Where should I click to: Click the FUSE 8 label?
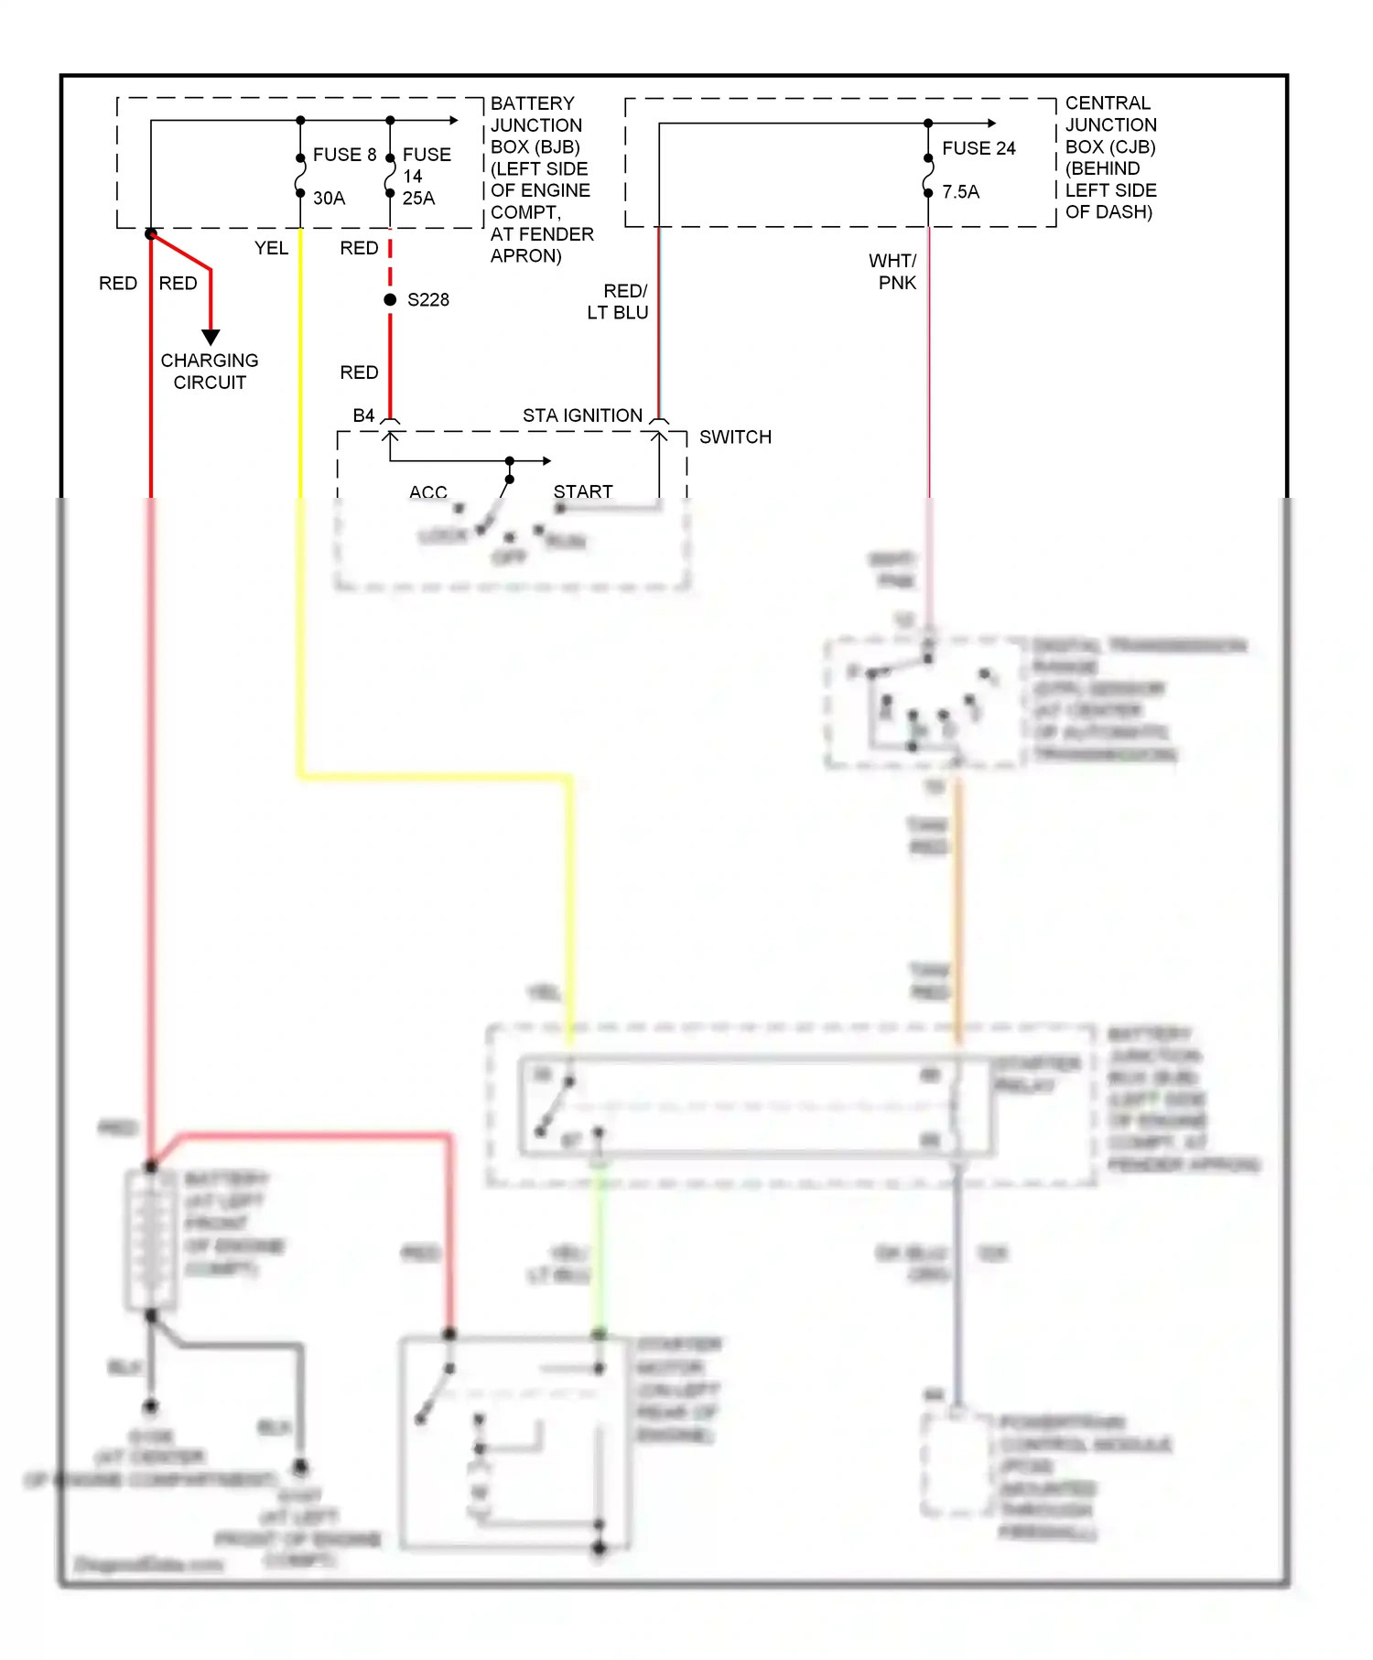pos(344,155)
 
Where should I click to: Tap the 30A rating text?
pos(329,198)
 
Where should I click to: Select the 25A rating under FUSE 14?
pos(418,198)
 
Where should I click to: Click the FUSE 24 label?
pos(978,148)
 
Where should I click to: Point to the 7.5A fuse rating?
pos(960,191)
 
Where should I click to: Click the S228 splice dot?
pos(390,299)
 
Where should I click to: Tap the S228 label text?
pos(427,299)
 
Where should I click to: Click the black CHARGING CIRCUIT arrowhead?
pos(211,337)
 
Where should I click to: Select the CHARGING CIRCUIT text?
pos(210,371)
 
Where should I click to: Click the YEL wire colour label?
pos(271,248)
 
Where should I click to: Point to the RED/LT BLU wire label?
pos(619,301)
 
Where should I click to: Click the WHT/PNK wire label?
pos(893,272)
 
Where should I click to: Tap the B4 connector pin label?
pos(363,415)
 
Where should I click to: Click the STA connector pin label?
pos(538,415)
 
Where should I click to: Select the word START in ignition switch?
pos(583,491)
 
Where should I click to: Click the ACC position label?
pos(427,492)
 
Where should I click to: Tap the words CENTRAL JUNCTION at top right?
pos(1110,113)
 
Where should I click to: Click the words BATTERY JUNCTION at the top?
pos(535,113)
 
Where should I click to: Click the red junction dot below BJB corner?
pos(151,234)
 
